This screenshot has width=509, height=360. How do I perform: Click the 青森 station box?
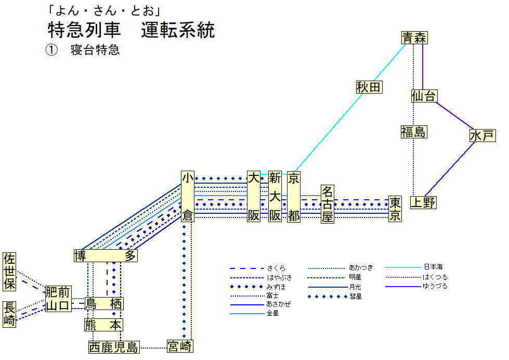(x=414, y=37)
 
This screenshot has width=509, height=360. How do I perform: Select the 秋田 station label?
(x=369, y=87)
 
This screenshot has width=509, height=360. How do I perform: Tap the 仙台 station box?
(x=424, y=96)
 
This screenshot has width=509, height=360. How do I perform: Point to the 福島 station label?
(x=413, y=132)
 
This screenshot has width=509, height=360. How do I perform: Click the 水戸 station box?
(x=481, y=136)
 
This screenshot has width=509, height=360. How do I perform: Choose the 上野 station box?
(x=423, y=202)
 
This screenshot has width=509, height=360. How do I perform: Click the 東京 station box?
(x=395, y=209)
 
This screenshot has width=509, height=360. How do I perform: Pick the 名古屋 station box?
(x=327, y=204)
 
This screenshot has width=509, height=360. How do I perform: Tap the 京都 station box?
(x=294, y=197)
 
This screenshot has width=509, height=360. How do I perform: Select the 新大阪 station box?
(x=275, y=197)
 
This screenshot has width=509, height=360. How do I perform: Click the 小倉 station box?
(x=187, y=197)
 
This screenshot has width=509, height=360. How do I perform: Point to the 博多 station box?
(x=106, y=255)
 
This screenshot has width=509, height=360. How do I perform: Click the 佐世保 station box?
(x=9, y=272)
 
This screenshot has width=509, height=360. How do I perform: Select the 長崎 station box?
(x=9, y=314)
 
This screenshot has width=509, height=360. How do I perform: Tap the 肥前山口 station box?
(x=58, y=299)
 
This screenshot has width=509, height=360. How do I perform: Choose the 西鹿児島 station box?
(x=114, y=347)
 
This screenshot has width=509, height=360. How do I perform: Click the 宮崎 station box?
(x=180, y=345)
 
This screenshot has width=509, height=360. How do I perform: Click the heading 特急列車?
(x=83, y=30)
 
